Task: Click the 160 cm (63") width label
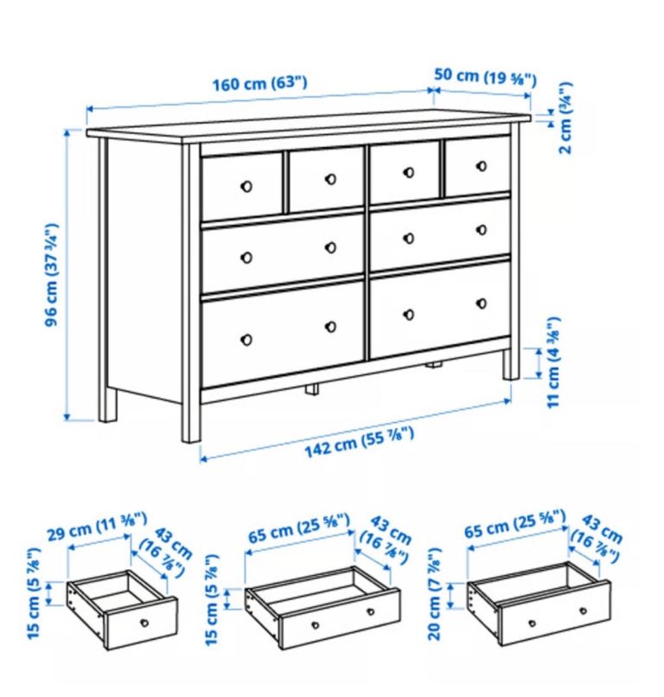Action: click(x=259, y=85)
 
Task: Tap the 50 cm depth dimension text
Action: click(x=485, y=77)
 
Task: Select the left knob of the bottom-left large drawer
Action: click(x=246, y=338)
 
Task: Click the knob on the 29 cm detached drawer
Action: click(x=144, y=623)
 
